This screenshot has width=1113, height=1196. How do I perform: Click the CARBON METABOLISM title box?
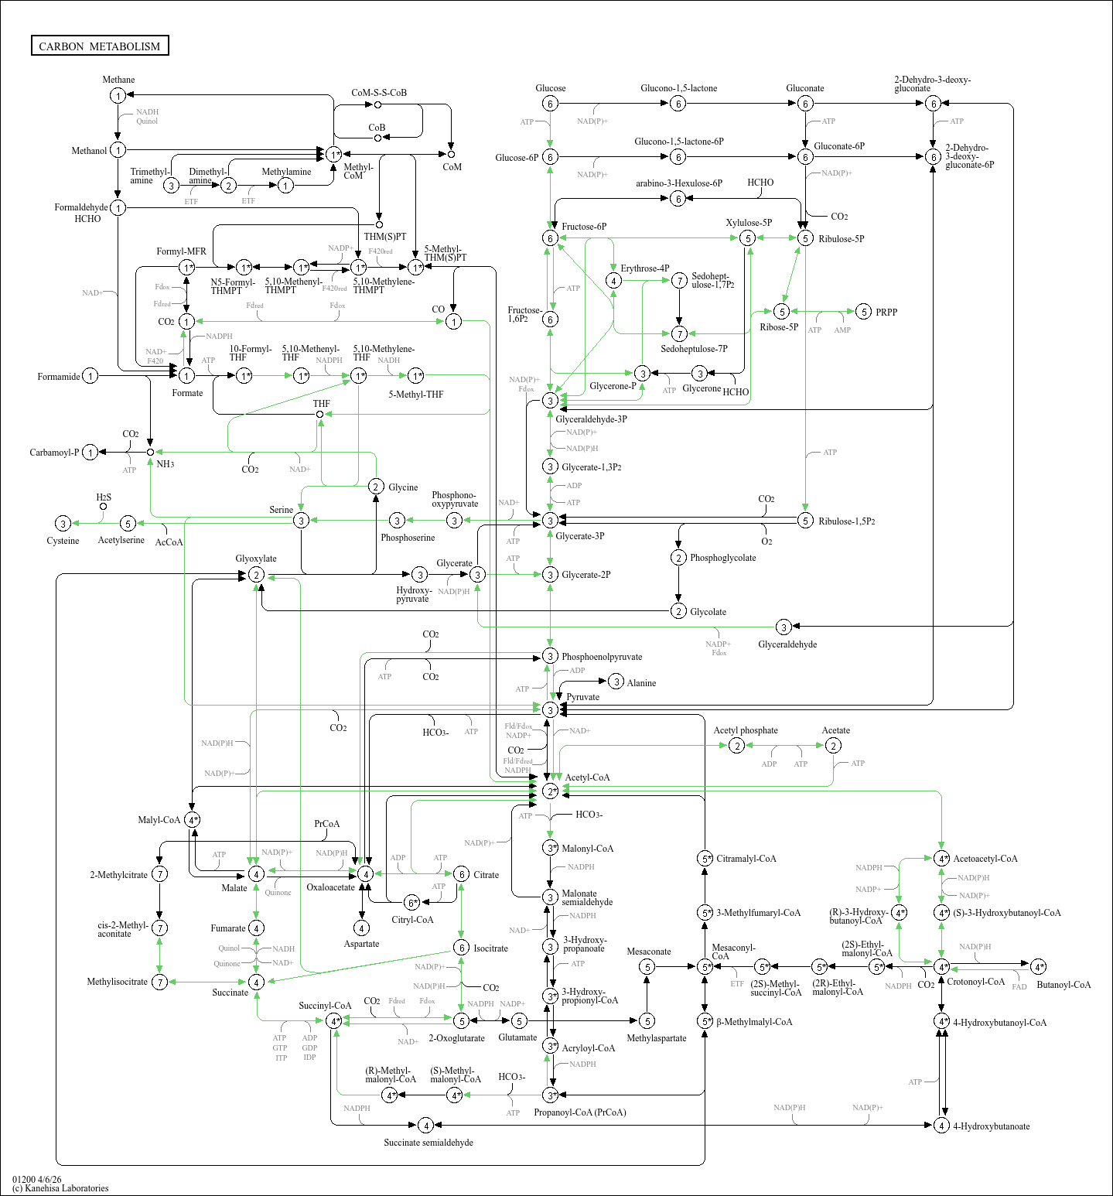[100, 46]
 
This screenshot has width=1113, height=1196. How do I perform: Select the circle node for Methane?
[118, 95]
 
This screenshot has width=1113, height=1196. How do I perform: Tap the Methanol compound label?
[89, 151]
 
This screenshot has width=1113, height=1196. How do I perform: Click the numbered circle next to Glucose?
[550, 104]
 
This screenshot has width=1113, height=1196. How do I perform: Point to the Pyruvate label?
[582, 697]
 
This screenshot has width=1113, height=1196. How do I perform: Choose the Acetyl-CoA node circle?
[550, 791]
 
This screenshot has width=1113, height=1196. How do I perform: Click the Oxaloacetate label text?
[330, 887]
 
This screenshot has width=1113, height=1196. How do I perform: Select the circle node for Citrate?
[461, 874]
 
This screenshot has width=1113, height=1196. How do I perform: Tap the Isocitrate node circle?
[461, 948]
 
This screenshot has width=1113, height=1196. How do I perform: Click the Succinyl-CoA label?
[325, 1006]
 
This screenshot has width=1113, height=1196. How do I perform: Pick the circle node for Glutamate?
[519, 1021]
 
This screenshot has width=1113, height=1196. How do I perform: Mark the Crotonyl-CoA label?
[975, 982]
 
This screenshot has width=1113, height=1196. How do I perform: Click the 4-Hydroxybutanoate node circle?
[941, 1125]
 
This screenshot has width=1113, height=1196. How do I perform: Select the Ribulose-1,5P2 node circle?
[805, 521]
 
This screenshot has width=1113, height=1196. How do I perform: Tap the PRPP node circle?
[864, 312]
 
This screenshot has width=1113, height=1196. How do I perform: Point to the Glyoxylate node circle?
[256, 575]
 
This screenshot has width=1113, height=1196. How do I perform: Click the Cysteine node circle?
[63, 524]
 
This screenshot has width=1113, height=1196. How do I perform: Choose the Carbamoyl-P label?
[54, 453]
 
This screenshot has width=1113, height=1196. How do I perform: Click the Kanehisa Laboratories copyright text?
[60, 1188]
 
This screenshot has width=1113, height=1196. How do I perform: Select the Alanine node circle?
[616, 682]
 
